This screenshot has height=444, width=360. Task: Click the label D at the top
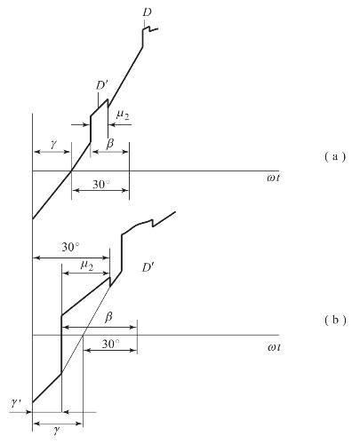pyautogui.click(x=147, y=12)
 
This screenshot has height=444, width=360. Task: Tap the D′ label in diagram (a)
pyautogui.click(x=101, y=85)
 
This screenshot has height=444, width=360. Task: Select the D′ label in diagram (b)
pyautogui.click(x=147, y=268)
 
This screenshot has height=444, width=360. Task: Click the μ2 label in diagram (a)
pyautogui.click(x=123, y=115)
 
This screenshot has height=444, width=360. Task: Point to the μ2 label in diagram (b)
pyautogui.click(x=87, y=265)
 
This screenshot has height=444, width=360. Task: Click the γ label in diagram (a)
pyautogui.click(x=53, y=144)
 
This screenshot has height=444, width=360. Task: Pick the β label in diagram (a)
pyautogui.click(x=109, y=144)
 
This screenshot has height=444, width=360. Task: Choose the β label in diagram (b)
pyautogui.click(x=108, y=317)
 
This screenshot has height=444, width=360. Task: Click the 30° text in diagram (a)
pyautogui.click(x=101, y=184)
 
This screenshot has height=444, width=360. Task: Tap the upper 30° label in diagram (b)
pyautogui.click(x=70, y=247)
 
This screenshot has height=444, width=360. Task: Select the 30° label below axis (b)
pyautogui.click(x=111, y=344)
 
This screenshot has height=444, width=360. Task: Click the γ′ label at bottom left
pyautogui.click(x=16, y=402)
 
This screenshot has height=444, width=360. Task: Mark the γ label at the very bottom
pyautogui.click(x=57, y=430)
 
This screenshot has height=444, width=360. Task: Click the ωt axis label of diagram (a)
pyautogui.click(x=273, y=178)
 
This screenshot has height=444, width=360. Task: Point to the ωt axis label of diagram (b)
pyautogui.click(x=274, y=347)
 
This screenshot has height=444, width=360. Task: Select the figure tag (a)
pyautogui.click(x=335, y=156)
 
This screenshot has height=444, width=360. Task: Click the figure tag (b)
pyautogui.click(x=335, y=320)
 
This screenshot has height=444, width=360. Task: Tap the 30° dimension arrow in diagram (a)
pyautogui.click(x=100, y=190)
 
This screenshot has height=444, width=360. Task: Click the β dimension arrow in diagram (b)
pyautogui.click(x=100, y=327)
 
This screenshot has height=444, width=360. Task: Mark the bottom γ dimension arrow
pyautogui.click(x=58, y=424)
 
